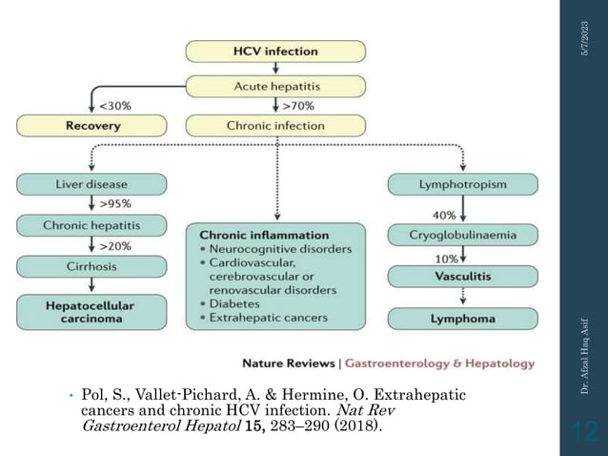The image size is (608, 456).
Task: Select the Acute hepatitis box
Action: [x=275, y=85]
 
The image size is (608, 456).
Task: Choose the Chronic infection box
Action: [x=275, y=125]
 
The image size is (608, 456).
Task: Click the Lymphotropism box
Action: [x=462, y=183]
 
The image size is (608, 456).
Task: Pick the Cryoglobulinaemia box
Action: [x=462, y=235]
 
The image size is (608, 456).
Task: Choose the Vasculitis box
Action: [x=462, y=276]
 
